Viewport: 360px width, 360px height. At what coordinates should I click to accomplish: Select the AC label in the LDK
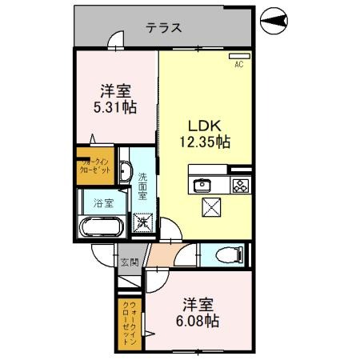click(238, 66)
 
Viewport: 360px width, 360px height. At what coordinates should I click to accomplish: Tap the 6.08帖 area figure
click(197, 322)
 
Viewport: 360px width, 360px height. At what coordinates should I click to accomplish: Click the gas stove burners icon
click(239, 185)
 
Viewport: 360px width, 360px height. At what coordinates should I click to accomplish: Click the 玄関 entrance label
click(129, 262)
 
